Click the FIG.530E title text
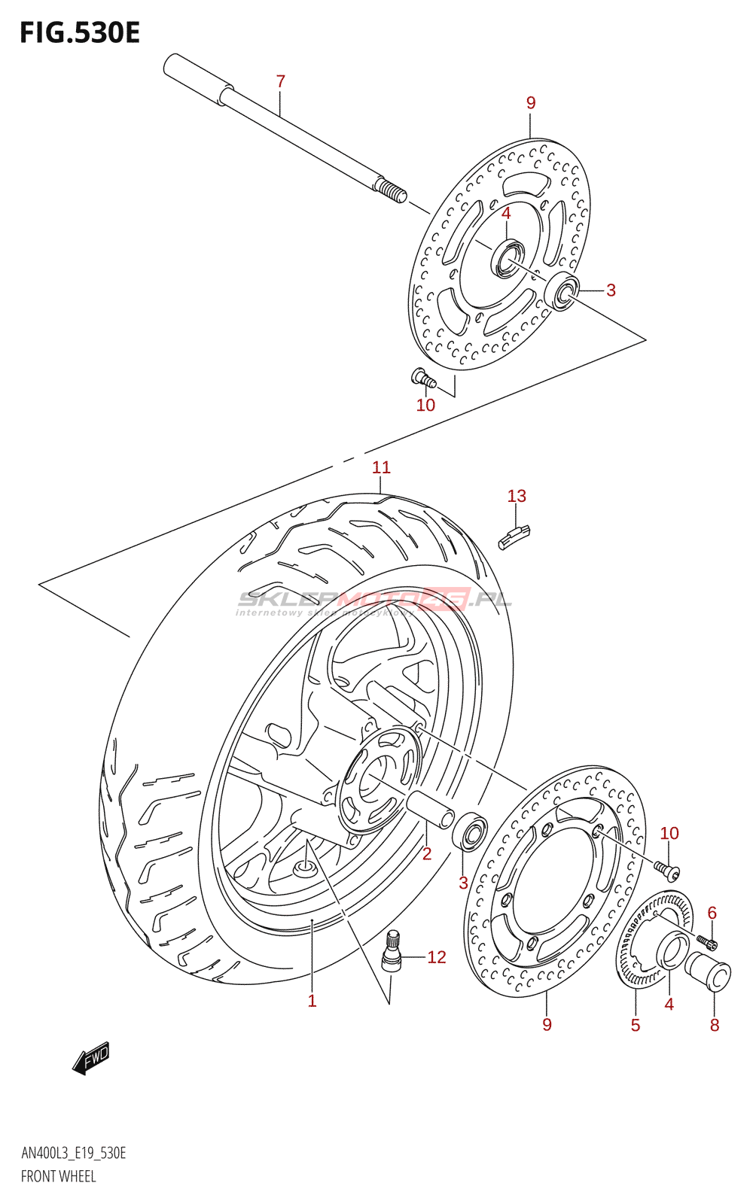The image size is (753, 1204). tap(80, 33)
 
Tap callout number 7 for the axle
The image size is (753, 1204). tap(281, 81)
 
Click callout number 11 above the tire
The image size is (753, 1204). tap(381, 467)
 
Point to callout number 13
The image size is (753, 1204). tap(517, 496)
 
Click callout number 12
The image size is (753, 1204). tap(437, 957)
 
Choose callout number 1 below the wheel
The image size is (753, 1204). tap(312, 1001)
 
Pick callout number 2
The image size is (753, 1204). tap(427, 853)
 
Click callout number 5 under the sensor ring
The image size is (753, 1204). tap(636, 1025)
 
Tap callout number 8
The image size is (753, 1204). tap(715, 1025)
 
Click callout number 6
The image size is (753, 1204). tap(712, 913)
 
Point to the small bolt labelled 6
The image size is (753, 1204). tap(707, 941)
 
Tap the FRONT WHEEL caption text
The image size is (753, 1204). tap(59, 1176)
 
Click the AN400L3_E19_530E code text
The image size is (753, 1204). tap(74, 1154)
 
